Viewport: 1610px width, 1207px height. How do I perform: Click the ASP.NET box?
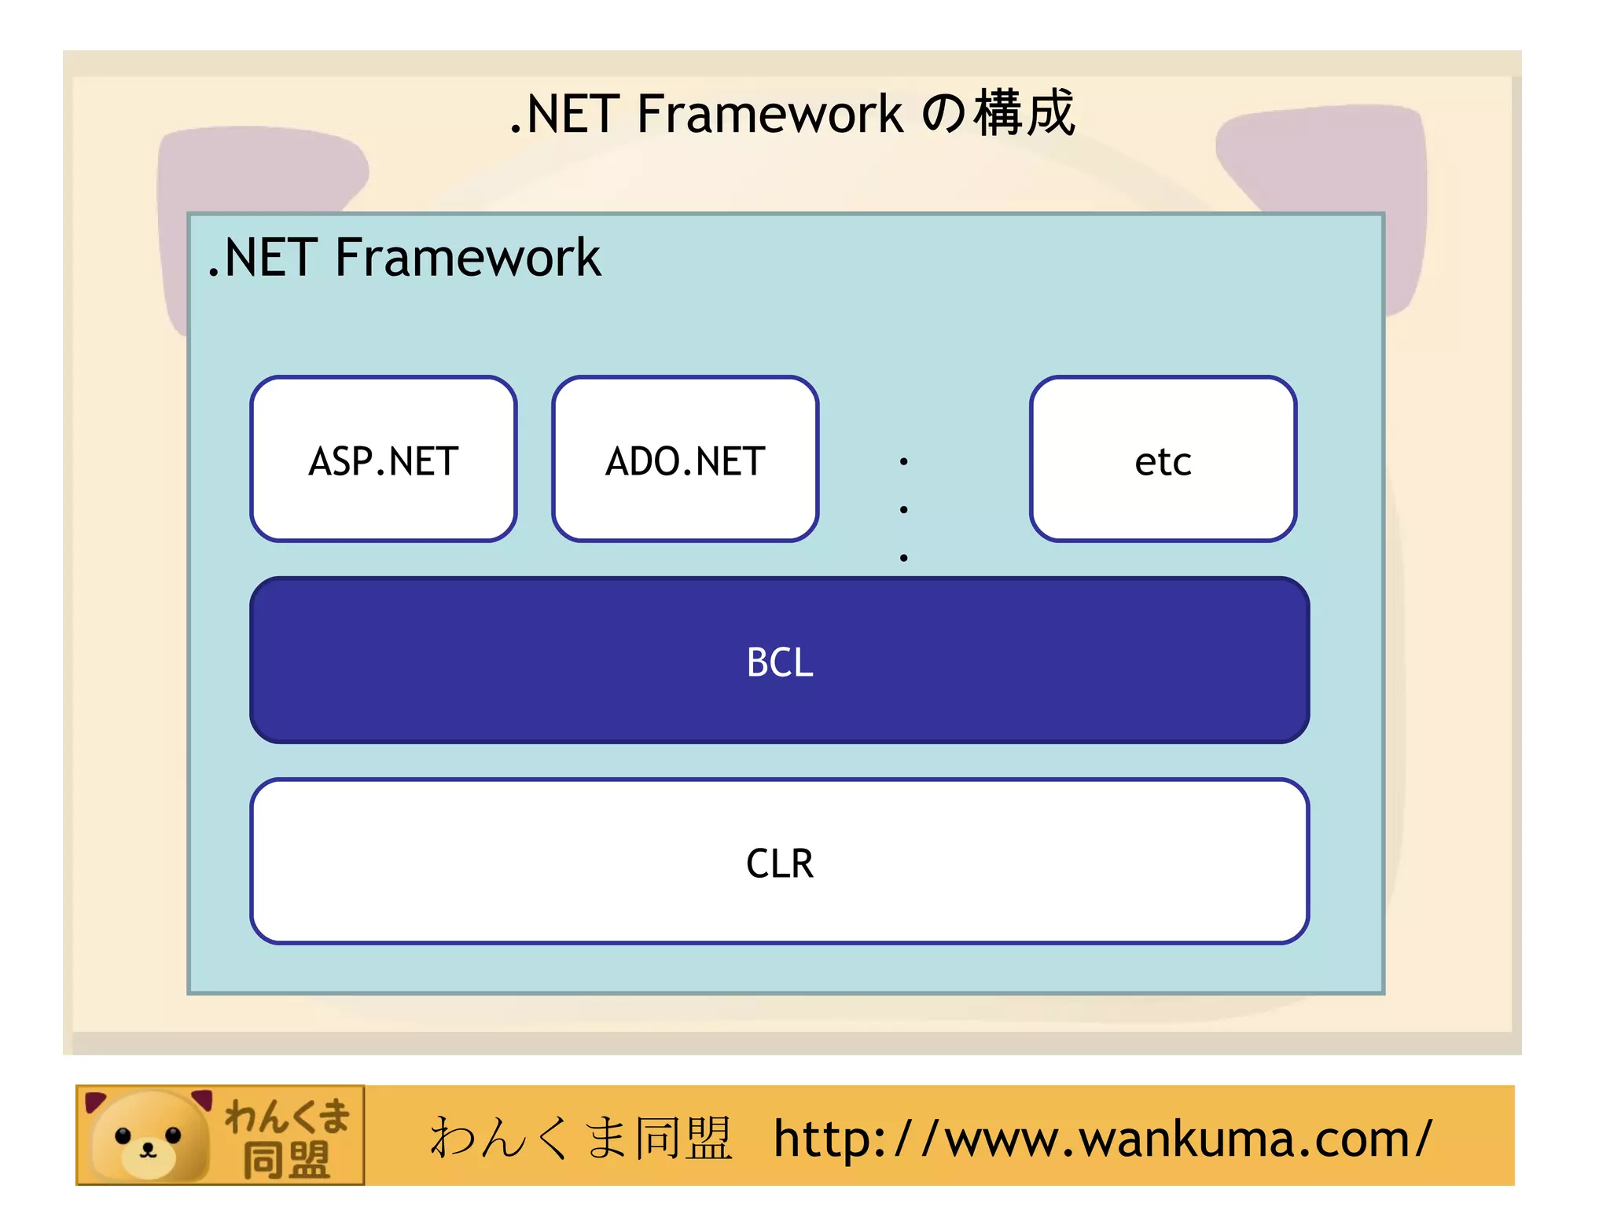tap(384, 460)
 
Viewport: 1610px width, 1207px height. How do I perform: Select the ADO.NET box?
tap(685, 460)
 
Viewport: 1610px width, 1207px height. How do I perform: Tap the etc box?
tap(1163, 460)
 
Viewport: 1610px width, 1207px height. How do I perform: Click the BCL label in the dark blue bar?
tap(779, 662)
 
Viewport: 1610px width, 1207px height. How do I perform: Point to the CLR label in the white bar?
tap(779, 863)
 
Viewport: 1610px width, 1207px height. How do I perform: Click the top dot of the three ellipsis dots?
tap(904, 461)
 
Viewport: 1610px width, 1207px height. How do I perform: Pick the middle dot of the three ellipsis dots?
tap(904, 509)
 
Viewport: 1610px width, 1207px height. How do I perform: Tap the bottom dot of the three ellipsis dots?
tap(904, 557)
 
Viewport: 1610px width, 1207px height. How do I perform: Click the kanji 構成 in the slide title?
tap(1024, 113)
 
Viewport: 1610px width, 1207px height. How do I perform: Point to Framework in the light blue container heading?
tap(468, 258)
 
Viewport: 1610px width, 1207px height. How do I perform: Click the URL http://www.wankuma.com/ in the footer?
tap(1102, 1139)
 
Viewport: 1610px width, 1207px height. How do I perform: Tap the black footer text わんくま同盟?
tap(580, 1138)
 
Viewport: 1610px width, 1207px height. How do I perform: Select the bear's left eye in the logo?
tap(123, 1135)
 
